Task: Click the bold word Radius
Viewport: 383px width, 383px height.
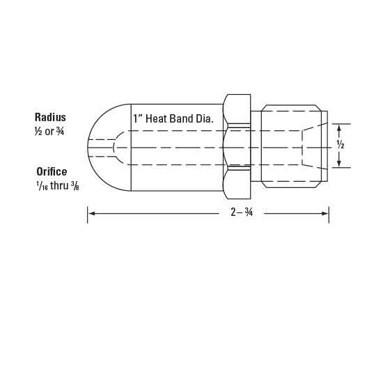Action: (x=50, y=117)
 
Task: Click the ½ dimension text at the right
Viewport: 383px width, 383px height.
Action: (x=341, y=146)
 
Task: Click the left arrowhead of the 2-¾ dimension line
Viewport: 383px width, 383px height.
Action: (x=91, y=214)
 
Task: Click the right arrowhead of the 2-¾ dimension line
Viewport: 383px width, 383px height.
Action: (x=326, y=214)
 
